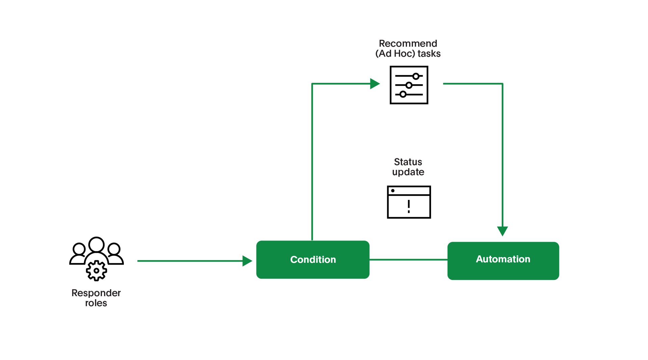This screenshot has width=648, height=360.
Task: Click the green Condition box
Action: pos(313,259)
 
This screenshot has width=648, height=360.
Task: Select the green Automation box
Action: pos(503,260)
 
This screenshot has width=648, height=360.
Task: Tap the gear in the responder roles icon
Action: pos(97,271)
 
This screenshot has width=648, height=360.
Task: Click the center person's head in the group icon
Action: pos(97,244)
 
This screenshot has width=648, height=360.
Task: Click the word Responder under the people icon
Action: pos(96,293)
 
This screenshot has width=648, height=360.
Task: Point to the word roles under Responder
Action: pos(96,303)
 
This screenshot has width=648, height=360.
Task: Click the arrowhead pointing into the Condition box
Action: pos(247,261)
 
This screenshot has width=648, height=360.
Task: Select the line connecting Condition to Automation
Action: pos(408,259)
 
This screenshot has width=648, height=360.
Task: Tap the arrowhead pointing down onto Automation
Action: pos(502,231)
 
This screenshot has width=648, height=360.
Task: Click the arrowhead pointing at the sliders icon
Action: pos(375,83)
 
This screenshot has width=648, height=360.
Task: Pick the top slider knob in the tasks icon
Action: pos(416,76)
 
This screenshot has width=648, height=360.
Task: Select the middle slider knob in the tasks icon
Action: pos(409,85)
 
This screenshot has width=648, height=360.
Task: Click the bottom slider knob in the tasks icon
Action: pos(403,94)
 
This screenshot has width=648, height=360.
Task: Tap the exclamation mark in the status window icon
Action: pos(409,206)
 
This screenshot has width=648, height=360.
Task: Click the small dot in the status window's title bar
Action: pos(393,191)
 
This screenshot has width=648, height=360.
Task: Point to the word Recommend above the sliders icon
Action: pos(408,44)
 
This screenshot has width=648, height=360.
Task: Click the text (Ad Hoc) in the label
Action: pos(395,54)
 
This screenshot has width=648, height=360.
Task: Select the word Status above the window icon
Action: pos(408,162)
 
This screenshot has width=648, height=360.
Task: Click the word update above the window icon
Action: pos(408,172)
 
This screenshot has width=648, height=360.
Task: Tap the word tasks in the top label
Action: pos(429,54)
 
